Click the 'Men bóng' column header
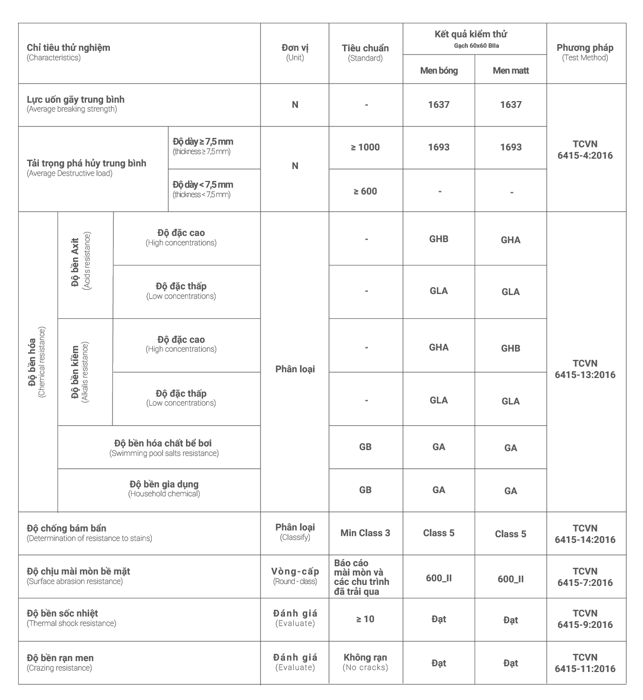[439, 71]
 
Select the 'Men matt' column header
[510, 71]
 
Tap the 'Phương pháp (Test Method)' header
[585, 52]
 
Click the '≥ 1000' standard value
[365, 147]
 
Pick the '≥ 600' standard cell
[365, 191]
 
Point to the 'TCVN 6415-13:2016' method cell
[585, 369]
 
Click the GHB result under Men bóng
[439, 239]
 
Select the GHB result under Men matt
[510, 348]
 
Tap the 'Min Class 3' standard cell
[365, 533]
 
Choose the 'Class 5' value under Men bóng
[439, 533]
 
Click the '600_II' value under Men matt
[510, 579]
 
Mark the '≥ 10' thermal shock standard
[365, 619]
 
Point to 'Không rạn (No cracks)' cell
[365, 662]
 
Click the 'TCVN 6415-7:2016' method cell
[585, 577]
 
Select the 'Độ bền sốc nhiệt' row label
[63, 613]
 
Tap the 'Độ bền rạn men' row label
[61, 658]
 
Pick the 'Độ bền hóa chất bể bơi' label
[163, 444]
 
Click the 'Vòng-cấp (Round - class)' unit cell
[295, 576]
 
